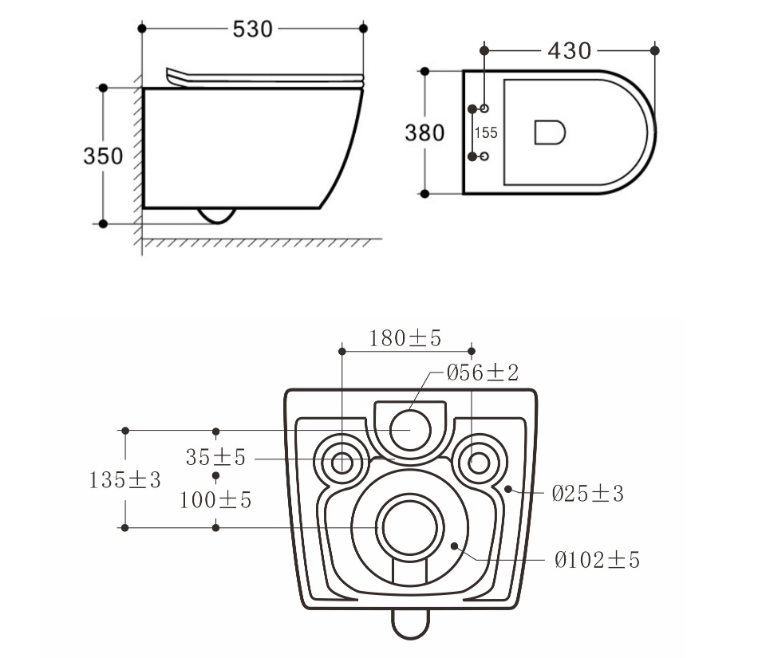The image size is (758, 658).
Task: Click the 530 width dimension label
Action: pos(252,29)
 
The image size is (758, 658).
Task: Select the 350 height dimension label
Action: pos(104,156)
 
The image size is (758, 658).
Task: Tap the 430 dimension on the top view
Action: pos(570,50)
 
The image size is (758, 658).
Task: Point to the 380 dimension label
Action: pos(424,132)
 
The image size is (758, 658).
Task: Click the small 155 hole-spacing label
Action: pos(486,132)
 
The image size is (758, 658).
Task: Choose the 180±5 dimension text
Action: pos(405,338)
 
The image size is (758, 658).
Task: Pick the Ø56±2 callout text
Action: pos(482,372)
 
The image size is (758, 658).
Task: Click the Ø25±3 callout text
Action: pos(587,494)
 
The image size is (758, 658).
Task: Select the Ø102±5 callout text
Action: pos(597,561)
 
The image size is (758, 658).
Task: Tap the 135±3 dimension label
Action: pos(125,480)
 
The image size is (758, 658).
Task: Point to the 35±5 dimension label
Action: pos(215,458)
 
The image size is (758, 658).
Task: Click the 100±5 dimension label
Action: pos(215,500)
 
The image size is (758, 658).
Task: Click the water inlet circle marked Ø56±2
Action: pos(410,429)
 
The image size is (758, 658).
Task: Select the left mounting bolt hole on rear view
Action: pos(342,462)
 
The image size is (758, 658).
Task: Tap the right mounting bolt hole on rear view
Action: pos(479,461)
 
